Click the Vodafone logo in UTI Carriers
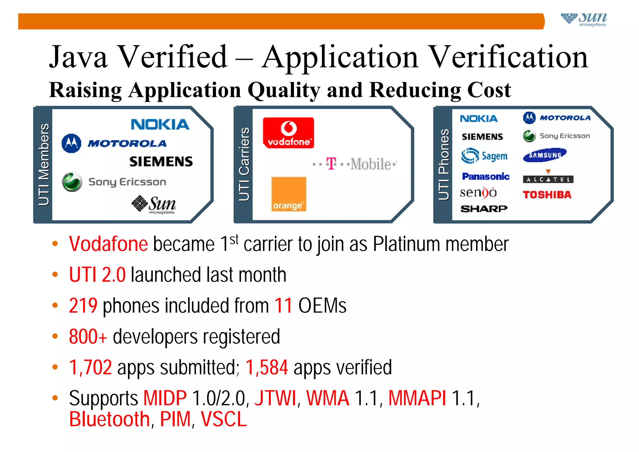[288, 133]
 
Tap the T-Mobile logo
[355, 164]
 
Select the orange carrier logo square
[289, 194]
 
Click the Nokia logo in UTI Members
[160, 124]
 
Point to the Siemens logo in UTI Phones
[482, 137]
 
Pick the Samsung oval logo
[545, 155]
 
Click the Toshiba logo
[547, 195]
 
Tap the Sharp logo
[484, 209]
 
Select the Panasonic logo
[486, 177]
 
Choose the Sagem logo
[484, 156]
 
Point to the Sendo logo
[478, 193]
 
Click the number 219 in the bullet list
[83, 305]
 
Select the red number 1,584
[266, 367]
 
